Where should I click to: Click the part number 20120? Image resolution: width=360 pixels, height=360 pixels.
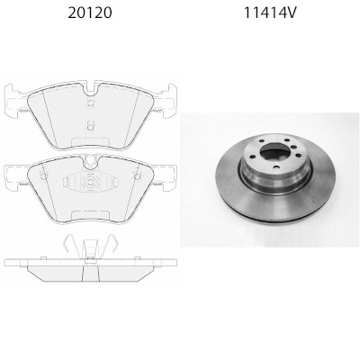pos(90,13)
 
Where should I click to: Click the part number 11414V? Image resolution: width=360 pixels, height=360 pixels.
pos(270,13)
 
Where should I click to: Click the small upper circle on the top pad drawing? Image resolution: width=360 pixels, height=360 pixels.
pos(91,103)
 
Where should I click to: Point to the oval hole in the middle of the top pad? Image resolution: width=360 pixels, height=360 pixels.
pos(90,126)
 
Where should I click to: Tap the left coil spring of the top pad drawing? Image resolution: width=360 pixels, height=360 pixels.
pos(23,110)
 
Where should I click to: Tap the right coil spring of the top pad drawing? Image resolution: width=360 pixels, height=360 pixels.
pos(157,110)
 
